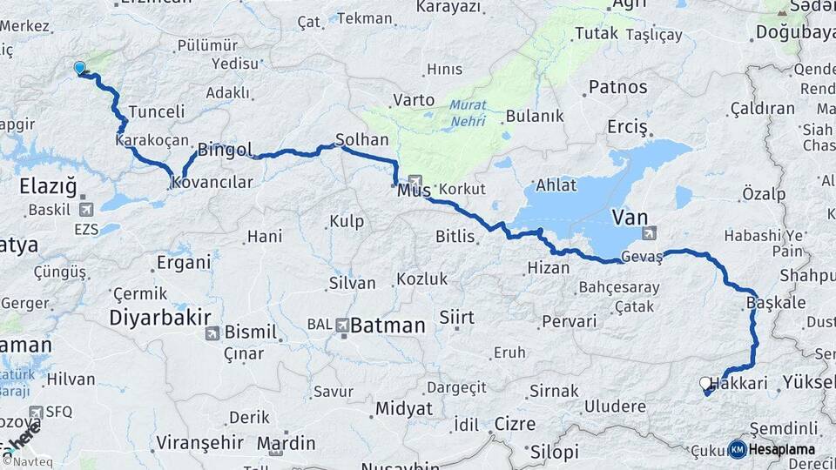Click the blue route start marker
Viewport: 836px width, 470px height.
coord(79,68)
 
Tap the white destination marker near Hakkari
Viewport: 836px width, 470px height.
coord(705,383)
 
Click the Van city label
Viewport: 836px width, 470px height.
coord(630,216)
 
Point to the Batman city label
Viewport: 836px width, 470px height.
coord(388,326)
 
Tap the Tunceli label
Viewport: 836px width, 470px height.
coord(157,111)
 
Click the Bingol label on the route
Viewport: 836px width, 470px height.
coord(225,150)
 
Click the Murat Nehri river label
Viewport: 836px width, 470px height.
coord(468,114)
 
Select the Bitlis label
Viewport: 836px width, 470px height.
coord(455,236)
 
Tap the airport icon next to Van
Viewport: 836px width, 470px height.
coord(649,233)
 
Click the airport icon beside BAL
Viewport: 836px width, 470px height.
coord(343,325)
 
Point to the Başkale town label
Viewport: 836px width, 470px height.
coord(776,303)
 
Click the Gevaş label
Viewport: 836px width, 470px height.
coord(643,258)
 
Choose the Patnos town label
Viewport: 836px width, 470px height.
coord(618,87)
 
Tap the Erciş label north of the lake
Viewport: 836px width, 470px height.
coord(628,128)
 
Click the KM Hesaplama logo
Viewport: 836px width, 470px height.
coord(773,449)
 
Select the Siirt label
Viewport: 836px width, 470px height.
coord(456,318)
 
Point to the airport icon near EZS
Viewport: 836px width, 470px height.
coord(86,210)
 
